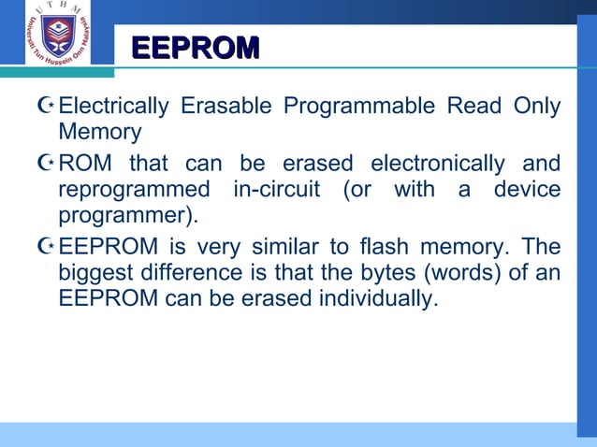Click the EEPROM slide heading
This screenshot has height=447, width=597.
[x=195, y=49]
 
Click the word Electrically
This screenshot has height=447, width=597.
[x=112, y=107]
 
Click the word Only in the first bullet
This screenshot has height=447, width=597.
[x=537, y=107]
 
